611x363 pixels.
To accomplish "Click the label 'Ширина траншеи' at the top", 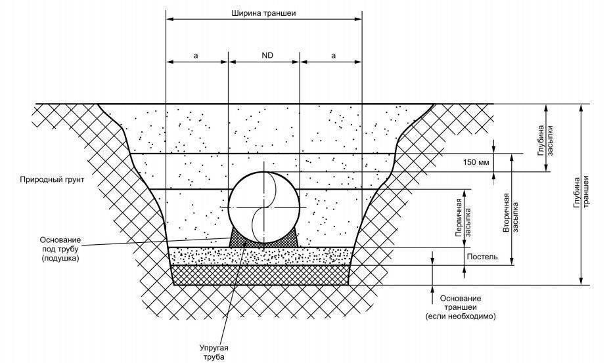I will pyautogui.click(x=263, y=13).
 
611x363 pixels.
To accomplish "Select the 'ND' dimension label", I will pyautogui.click(x=267, y=56).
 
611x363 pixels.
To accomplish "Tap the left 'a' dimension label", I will pyautogui.click(x=196, y=56).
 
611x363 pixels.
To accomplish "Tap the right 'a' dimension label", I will pyautogui.click(x=333, y=56).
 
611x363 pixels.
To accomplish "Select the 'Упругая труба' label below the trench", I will pyautogui.click(x=214, y=351).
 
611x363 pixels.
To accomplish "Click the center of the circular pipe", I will pyautogui.click(x=263, y=206).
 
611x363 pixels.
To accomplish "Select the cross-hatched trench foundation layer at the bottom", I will pyautogui.click(x=261, y=275).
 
